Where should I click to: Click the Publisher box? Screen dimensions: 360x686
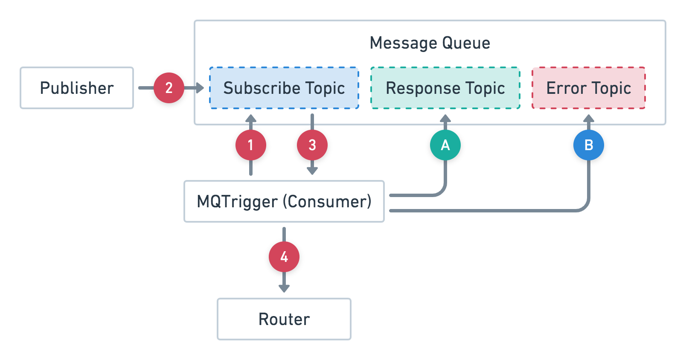(77, 88)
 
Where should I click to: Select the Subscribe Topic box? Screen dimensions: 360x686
(284, 88)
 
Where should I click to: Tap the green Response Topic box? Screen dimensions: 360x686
(445, 88)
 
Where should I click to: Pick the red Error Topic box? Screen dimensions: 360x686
(588, 88)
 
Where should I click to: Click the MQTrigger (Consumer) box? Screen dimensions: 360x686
(284, 201)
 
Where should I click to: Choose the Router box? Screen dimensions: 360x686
(284, 319)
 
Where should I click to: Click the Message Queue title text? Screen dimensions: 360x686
(430, 43)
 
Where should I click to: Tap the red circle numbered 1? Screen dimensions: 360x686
(251, 145)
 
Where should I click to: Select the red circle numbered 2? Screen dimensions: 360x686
(169, 88)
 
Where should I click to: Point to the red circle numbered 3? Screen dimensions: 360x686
(312, 145)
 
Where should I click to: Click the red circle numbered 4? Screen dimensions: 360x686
(284, 257)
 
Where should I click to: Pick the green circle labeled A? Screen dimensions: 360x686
(445, 145)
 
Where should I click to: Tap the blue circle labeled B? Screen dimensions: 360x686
(589, 145)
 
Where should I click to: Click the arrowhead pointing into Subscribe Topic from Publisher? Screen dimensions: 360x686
(200, 88)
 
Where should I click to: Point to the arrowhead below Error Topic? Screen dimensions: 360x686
(589, 118)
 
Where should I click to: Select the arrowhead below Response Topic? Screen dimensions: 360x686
(445, 118)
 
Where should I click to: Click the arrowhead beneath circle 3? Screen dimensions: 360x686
(312, 171)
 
